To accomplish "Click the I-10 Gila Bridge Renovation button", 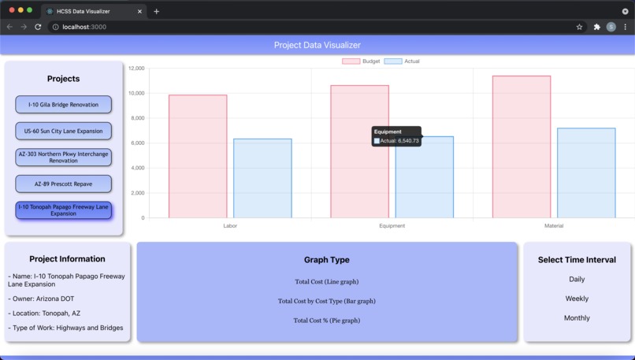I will click(63, 105).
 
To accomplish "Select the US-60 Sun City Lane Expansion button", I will click(63, 131).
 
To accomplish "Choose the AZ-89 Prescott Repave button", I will click(63, 184).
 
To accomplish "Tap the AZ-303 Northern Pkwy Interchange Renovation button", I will click(63, 158).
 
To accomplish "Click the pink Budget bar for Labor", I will click(198, 157).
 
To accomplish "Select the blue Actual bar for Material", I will click(586, 173).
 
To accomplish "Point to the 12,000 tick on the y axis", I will click(136, 69).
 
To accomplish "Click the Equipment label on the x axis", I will click(392, 226).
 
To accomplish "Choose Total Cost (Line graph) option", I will click(326, 282).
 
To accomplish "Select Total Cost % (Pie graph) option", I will click(326, 321).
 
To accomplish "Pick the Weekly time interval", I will click(577, 299).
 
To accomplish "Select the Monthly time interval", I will click(577, 318).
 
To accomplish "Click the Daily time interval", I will click(577, 280).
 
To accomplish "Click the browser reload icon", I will click(38, 27).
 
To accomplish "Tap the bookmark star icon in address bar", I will click(579, 27).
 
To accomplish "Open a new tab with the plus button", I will click(156, 11).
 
